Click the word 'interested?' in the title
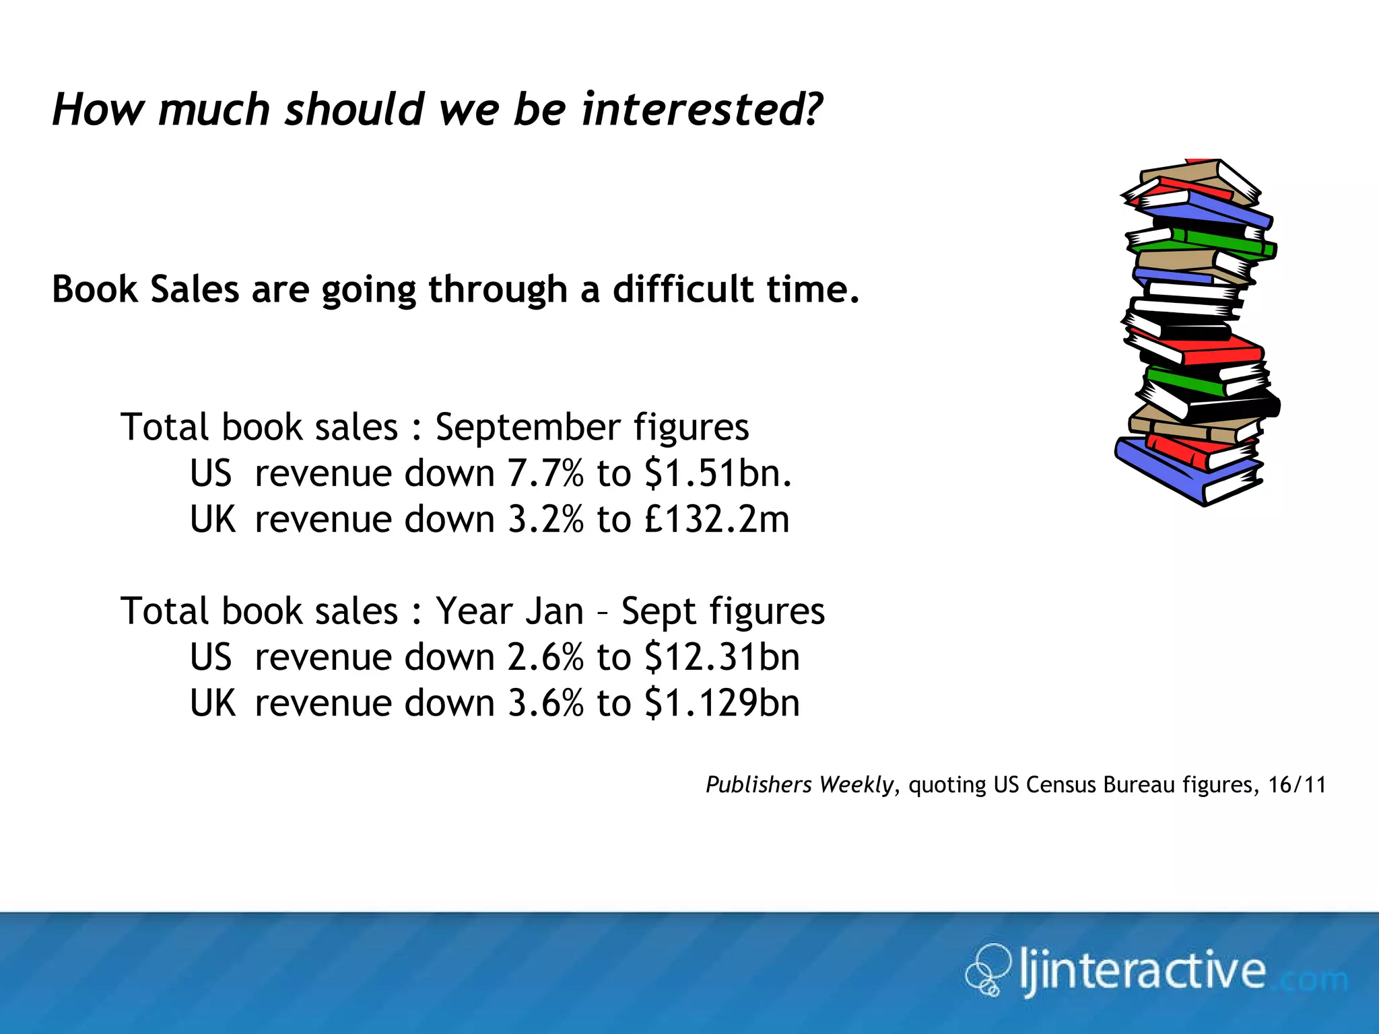pyautogui.click(x=702, y=109)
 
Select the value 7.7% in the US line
pyautogui.click(x=545, y=473)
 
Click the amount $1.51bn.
pyautogui.click(x=718, y=473)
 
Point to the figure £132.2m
pyautogui.click(x=716, y=520)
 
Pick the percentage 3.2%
pyautogui.click(x=545, y=520)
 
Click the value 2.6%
pyautogui.click(x=545, y=657)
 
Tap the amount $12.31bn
pyautogui.click(x=722, y=657)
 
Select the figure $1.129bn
pyautogui.click(x=722, y=703)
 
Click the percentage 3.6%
pyautogui.click(x=545, y=703)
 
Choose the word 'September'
pyautogui.click(x=527, y=428)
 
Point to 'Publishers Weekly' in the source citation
pyautogui.click(x=799, y=785)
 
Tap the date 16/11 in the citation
pyautogui.click(x=1297, y=785)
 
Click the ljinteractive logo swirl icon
pyautogui.click(x=988, y=970)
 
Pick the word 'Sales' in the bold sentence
pyautogui.click(x=195, y=289)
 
